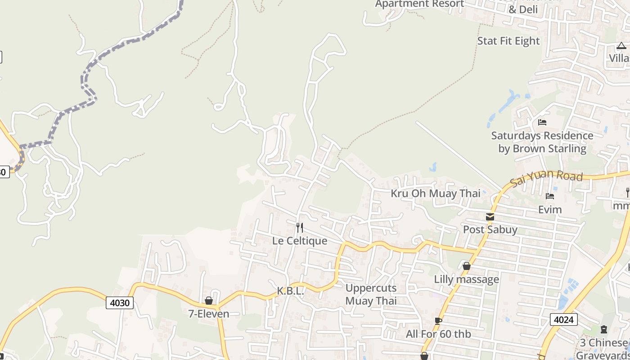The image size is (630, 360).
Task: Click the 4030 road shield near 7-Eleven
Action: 120,303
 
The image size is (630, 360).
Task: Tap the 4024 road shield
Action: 563,319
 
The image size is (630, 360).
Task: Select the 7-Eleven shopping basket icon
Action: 209,301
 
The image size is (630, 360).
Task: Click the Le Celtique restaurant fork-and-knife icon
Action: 300,227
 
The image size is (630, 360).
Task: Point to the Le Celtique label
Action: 300,241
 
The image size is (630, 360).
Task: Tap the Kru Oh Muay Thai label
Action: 436,193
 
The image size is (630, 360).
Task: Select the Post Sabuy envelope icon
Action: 490,217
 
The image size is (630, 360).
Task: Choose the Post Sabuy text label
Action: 490,229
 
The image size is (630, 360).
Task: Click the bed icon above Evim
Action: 549,196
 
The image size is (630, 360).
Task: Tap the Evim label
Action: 550,210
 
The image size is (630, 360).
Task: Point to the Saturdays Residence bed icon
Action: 542,122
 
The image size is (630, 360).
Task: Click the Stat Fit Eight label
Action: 508,41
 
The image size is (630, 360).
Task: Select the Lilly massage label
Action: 466,279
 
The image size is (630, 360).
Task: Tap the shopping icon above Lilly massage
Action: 467,266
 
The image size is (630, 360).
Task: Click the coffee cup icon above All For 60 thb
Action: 438,321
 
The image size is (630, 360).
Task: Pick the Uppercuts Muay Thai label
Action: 371,294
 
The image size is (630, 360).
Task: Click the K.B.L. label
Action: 290,291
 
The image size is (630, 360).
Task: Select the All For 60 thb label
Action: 438,334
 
